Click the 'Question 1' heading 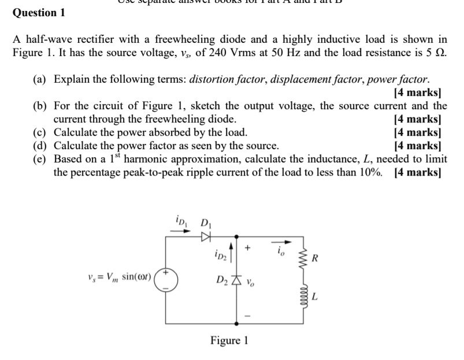(39, 12)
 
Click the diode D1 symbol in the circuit (205, 236)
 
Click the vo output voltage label (251, 283)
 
